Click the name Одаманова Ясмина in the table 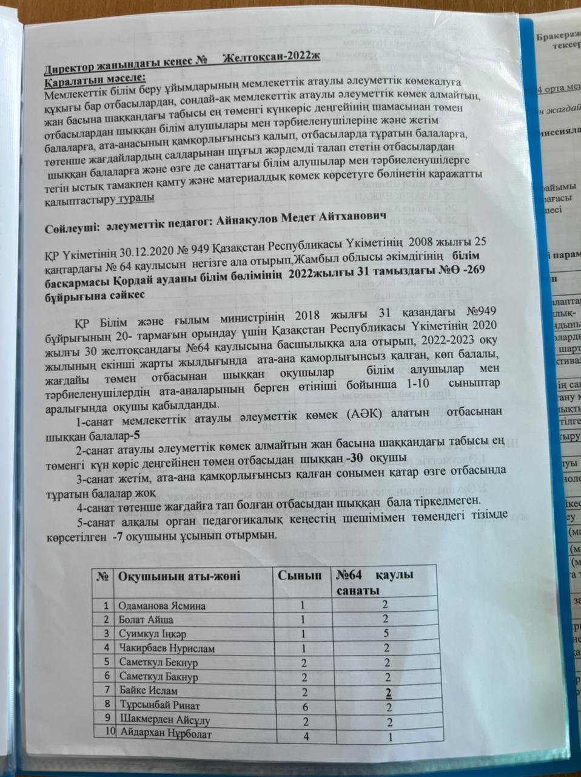162,606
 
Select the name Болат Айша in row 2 146,620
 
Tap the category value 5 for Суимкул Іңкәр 385,634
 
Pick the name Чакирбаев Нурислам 167,648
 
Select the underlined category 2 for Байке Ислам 388,690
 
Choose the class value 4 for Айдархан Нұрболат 307,735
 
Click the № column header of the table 103,575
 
